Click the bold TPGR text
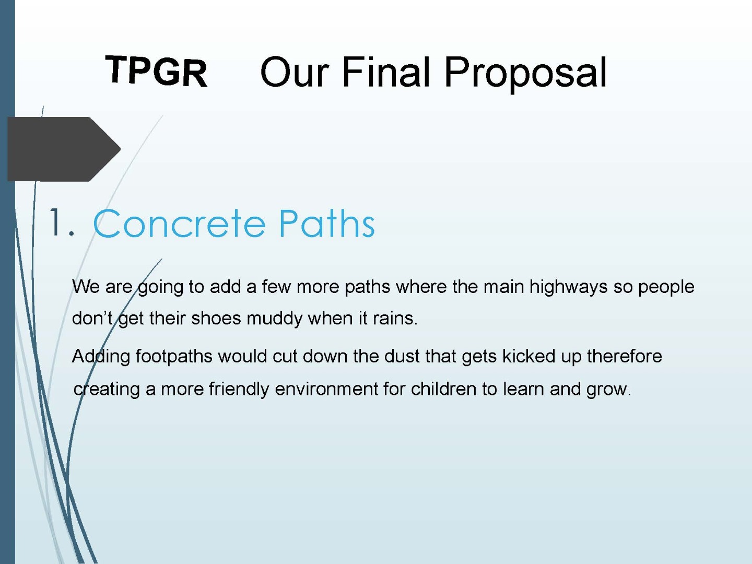(x=156, y=71)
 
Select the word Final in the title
(x=386, y=72)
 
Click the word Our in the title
(x=295, y=72)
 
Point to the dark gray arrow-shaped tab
(x=64, y=149)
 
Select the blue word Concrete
(x=179, y=223)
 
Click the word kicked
(x=528, y=356)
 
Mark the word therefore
(x=624, y=356)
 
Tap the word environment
(x=326, y=389)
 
